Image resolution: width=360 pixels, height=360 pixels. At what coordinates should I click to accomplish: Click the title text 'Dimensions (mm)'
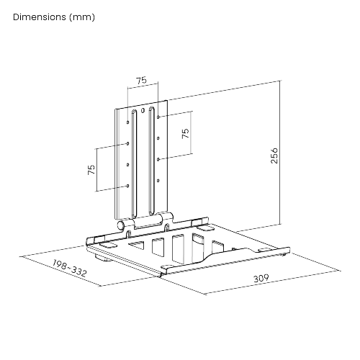point(53,16)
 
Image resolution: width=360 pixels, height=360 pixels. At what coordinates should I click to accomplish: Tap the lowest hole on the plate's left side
point(129,186)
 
